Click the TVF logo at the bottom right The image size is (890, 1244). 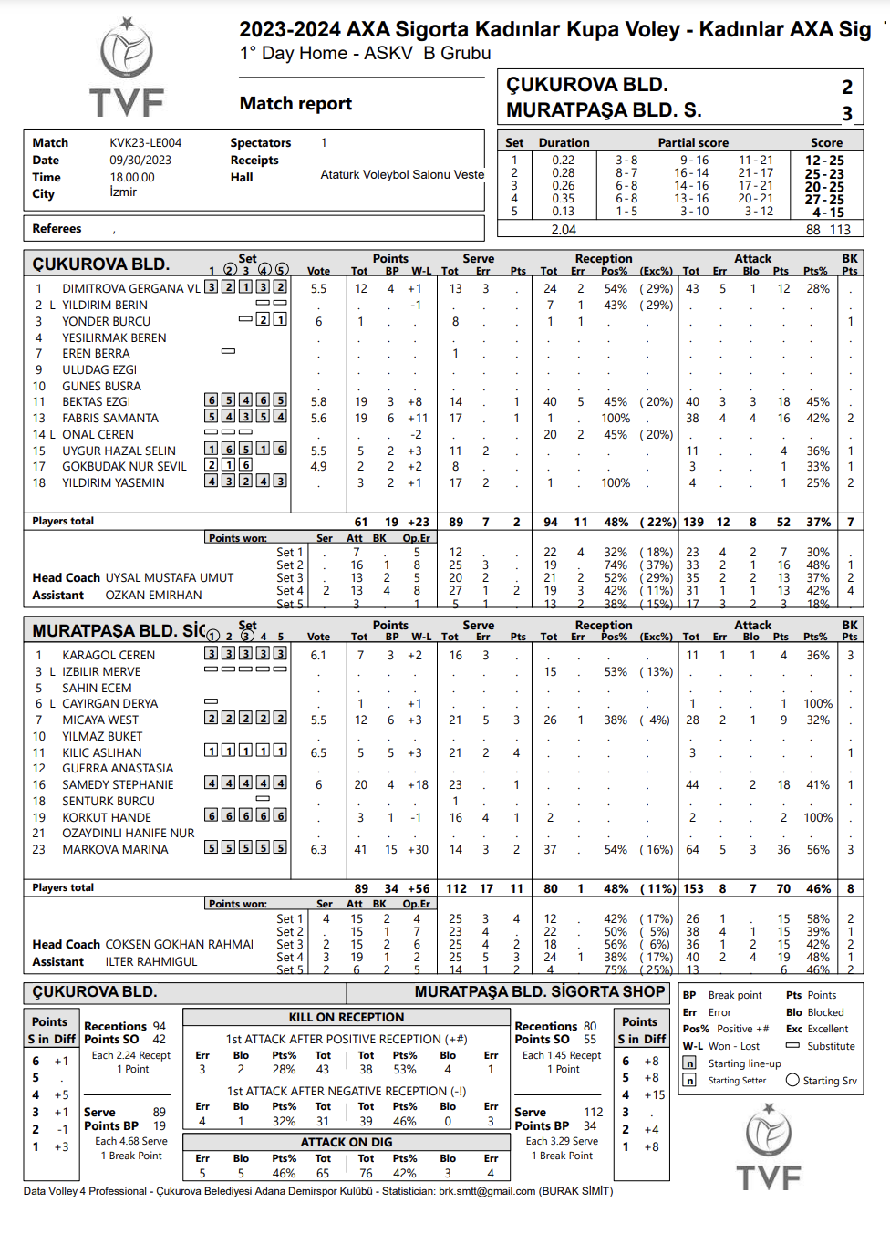769,1147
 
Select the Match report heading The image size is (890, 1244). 295,104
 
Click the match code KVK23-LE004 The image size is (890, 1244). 146,143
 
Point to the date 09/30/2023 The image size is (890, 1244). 140,161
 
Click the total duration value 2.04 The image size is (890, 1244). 564,230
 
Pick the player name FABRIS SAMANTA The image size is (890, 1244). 110,418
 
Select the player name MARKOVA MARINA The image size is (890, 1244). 115,850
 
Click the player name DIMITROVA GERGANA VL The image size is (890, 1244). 131,289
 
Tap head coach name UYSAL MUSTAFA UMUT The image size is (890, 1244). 170,578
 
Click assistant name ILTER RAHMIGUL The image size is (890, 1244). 151,962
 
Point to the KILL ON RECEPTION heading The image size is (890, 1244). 347,1018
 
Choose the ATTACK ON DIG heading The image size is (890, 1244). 347,1142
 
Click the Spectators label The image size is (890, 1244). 261,143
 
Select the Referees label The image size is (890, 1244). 57,229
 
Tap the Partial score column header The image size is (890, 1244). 693,143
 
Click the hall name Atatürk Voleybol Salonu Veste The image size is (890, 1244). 402,175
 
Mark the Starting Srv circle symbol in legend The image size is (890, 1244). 792,1081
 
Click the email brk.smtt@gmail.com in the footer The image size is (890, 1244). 487,1191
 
